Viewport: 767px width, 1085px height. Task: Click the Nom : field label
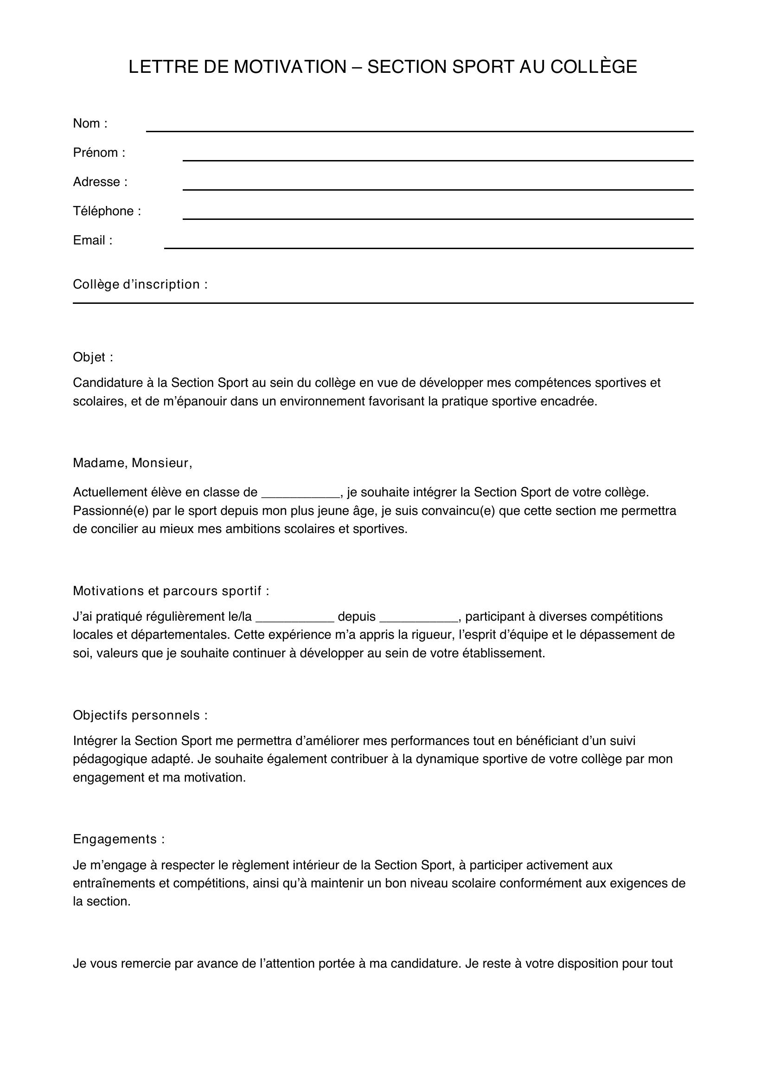(90, 123)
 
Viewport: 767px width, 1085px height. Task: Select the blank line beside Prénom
(437, 157)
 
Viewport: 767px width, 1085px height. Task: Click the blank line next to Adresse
(437, 186)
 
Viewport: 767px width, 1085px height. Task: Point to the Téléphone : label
(107, 211)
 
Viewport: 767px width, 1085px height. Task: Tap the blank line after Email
(428, 244)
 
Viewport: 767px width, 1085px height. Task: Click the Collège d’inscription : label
(140, 284)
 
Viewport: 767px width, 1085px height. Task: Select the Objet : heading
(93, 357)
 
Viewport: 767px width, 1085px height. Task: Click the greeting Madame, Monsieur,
(132, 463)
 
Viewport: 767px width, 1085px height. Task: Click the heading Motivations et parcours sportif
(171, 591)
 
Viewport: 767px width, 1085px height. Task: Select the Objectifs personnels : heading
(140, 715)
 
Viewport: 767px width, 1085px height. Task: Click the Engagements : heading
(119, 839)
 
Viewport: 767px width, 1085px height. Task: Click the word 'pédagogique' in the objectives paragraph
(109, 759)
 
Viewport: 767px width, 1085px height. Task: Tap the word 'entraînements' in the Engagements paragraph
(113, 883)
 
